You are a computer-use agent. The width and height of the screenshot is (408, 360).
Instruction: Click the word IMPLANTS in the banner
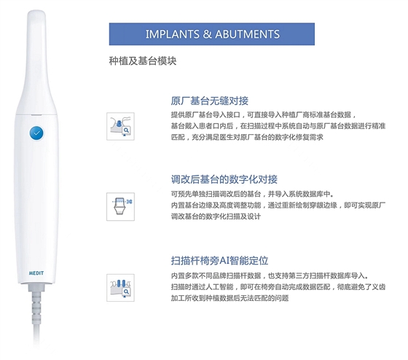(x=171, y=34)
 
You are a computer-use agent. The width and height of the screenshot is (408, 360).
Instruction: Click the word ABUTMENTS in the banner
(x=248, y=34)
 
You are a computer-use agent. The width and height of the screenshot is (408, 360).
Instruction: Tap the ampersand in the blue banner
(x=207, y=34)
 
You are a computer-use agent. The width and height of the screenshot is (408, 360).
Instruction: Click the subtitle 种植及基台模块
(x=143, y=60)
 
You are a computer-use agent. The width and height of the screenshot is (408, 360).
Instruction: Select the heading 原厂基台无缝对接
(x=210, y=101)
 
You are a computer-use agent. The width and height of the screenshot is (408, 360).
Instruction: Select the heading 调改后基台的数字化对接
(x=224, y=179)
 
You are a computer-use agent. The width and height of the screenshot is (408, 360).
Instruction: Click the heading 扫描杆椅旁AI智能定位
(x=219, y=260)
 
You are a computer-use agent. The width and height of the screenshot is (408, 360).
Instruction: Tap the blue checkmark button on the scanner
(x=36, y=133)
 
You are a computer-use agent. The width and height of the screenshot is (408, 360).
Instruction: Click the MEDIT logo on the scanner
(x=36, y=273)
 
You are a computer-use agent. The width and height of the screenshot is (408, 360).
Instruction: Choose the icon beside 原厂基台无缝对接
(x=120, y=126)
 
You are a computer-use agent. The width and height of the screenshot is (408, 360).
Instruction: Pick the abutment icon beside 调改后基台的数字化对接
(x=120, y=207)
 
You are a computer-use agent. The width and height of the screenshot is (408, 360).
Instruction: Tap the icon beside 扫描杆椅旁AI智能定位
(x=120, y=288)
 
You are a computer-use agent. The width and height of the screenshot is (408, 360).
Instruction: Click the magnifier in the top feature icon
(x=126, y=130)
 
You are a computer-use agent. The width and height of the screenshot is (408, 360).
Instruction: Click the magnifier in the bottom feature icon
(x=126, y=291)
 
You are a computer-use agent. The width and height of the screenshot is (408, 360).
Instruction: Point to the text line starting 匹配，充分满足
(x=247, y=137)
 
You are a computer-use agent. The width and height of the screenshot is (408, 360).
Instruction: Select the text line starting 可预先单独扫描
(x=252, y=194)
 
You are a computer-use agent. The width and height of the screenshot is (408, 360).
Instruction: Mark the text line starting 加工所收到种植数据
(x=229, y=298)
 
